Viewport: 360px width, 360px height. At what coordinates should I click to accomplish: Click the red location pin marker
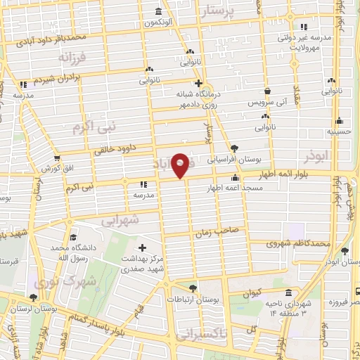click(x=181, y=166)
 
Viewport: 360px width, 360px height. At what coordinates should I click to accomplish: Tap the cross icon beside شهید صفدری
click(x=143, y=247)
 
